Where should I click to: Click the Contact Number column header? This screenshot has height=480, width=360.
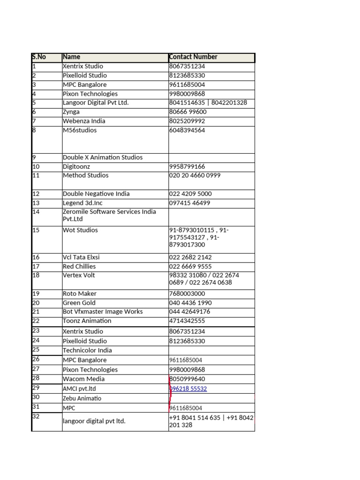coord(193,57)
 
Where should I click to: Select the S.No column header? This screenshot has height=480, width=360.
coord(39,57)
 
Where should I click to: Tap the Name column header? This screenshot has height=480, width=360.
coord(72,57)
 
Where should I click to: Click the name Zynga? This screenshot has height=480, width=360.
coord(71,112)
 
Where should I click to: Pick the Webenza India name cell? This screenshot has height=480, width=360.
coord(84,121)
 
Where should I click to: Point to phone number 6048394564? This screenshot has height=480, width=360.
coord(187,130)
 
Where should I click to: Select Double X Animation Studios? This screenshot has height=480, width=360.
coord(103,157)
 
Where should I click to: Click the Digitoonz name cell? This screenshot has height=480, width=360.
coord(76,166)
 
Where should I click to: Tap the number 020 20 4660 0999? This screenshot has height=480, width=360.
coord(195,175)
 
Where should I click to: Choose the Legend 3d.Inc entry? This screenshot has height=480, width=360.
coord(82,203)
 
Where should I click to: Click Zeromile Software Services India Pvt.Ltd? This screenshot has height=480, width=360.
coord(109,215)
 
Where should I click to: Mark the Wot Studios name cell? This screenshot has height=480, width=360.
coord(80,230)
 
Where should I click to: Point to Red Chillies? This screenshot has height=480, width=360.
coord(79,266)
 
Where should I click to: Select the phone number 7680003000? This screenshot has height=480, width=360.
coord(187,293)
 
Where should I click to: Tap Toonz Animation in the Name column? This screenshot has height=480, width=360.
coord(87,321)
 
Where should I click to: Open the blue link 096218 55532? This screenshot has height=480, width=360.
coord(188,389)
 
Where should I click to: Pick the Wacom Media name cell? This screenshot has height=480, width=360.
coord(83,379)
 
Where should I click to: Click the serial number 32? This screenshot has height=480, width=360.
coord(36,416)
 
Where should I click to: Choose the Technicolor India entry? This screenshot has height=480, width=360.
coord(87,350)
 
